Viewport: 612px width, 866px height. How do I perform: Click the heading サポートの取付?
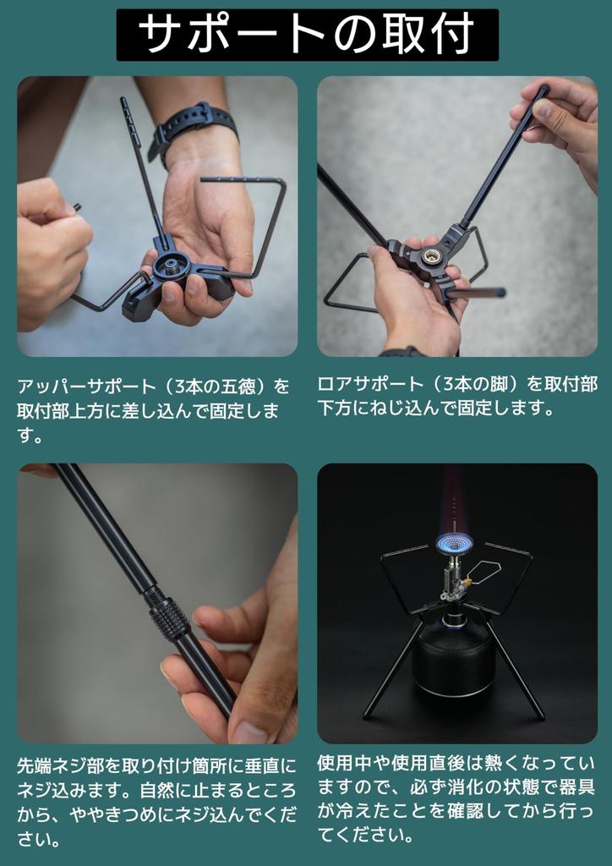pos(307,34)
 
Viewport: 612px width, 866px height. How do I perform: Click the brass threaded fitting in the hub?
pos(430,255)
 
